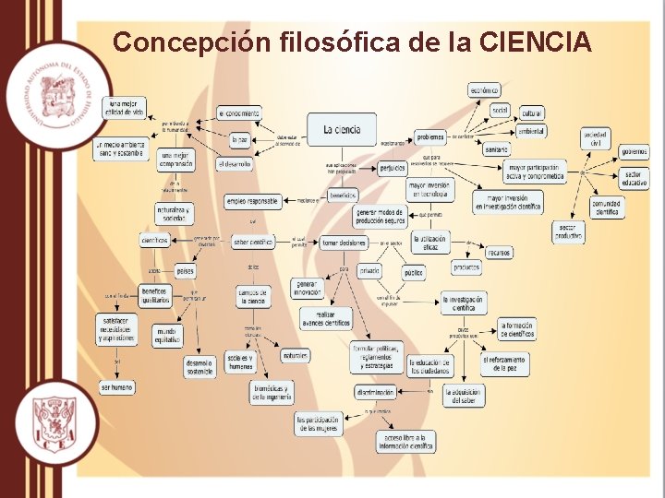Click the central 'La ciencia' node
tap(342, 130)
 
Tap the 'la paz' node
tap(240, 140)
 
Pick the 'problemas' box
tap(429, 137)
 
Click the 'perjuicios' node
tap(392, 169)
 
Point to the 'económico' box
tap(483, 90)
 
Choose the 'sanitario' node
tap(496, 148)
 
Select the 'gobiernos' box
tap(634, 151)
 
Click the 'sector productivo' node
tap(569, 231)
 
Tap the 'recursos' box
tap(498, 252)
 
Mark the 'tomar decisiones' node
tap(344, 243)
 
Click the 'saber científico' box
tap(252, 242)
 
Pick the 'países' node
tap(186, 271)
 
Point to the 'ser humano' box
tap(117, 386)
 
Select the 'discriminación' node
tap(375, 392)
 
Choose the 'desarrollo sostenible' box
tap(199, 367)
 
